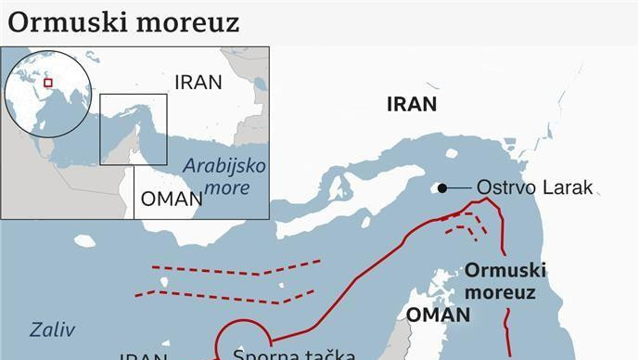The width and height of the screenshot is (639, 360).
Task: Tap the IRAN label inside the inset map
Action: click(198, 82)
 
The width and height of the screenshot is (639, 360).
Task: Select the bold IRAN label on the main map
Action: click(411, 104)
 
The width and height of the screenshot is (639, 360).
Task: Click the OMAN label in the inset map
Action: click(170, 199)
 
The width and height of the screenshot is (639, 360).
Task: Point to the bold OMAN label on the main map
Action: click(438, 315)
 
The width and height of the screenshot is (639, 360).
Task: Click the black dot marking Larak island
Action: click(442, 188)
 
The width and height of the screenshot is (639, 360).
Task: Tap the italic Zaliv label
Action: click(52, 329)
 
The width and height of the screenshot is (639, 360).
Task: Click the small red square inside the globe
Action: click(47, 82)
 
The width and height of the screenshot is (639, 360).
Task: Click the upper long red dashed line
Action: click(223, 271)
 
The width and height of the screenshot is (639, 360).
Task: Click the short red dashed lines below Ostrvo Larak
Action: click(464, 223)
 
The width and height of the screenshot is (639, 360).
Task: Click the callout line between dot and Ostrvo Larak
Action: click(458, 188)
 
